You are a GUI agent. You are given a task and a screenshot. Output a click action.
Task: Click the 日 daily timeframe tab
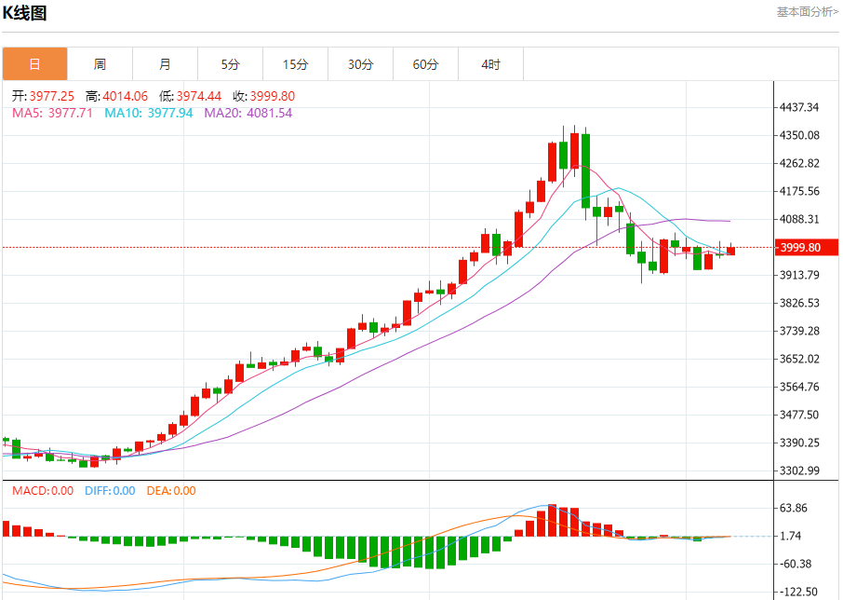[x=34, y=64]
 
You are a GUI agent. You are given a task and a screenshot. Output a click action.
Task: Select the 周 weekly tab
[x=100, y=64]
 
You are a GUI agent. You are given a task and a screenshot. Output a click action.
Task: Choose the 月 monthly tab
[x=165, y=64]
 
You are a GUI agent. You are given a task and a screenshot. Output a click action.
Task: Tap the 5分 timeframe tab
[x=230, y=64]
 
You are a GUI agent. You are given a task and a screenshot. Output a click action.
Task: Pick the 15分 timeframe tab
[x=295, y=64]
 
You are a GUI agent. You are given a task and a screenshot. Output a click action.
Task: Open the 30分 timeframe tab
[x=360, y=64]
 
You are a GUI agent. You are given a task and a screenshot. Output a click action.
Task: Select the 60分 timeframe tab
[x=425, y=64]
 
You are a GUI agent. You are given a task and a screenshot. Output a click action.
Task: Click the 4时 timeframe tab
[x=490, y=64]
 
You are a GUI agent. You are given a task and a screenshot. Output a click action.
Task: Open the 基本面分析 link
[x=807, y=12]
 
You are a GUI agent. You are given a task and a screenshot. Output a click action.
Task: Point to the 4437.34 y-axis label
[x=800, y=107]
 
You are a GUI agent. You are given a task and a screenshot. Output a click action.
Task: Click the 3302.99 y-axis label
[x=800, y=470]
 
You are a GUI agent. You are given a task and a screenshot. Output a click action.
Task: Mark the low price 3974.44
[x=199, y=96]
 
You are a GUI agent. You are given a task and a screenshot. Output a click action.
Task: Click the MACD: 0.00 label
[x=43, y=491]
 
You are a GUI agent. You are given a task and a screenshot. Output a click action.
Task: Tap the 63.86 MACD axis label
[x=793, y=508]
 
